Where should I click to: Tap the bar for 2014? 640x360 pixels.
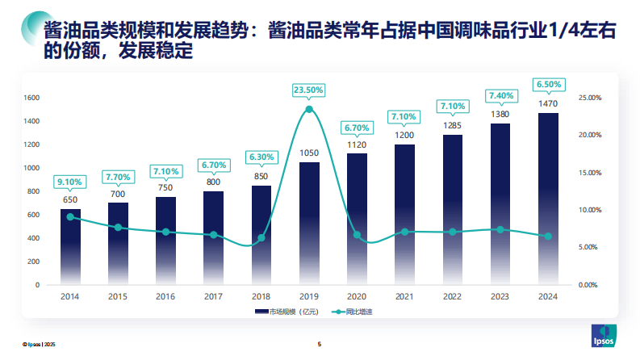tap(70, 246)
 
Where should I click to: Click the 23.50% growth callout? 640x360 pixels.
tap(309, 90)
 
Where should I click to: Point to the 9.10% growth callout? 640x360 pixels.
tap(70, 183)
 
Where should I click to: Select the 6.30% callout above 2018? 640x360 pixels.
tap(261, 157)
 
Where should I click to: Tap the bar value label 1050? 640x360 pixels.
tap(309, 153)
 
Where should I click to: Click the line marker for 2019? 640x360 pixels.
tap(309, 109)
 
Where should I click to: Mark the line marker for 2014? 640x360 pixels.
tap(70, 216)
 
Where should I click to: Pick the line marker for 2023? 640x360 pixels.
tap(500, 229)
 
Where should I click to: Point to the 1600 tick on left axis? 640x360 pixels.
tap(33, 98)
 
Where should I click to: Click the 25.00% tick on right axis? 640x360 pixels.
tap(590, 98)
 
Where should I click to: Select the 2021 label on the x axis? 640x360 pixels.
tap(404, 296)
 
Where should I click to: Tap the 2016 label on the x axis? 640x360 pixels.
tap(165, 296)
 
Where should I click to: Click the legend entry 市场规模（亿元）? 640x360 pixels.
tap(282, 312)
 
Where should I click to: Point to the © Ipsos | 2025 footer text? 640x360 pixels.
tap(39, 345)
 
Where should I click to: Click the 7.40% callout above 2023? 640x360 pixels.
tap(500, 96)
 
